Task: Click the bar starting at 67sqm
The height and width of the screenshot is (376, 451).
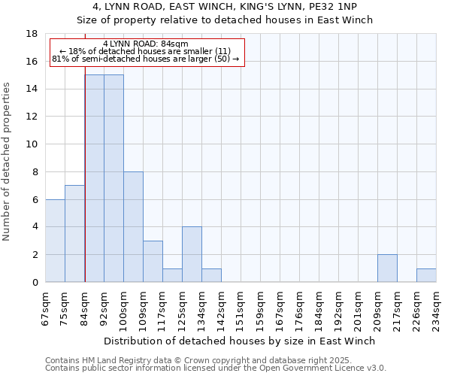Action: click(55, 241)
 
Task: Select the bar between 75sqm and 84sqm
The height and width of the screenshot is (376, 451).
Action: click(74, 234)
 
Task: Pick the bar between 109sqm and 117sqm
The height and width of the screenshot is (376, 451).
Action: click(153, 262)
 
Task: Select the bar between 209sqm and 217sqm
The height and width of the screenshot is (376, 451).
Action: click(387, 268)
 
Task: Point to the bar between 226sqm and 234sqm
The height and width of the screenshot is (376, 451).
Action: click(426, 275)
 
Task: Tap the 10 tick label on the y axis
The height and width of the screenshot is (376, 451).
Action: click(32, 144)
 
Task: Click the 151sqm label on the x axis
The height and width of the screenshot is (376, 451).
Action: click(241, 306)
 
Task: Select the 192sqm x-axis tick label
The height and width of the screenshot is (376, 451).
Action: click(338, 306)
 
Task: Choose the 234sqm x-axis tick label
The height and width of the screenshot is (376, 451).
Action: click(436, 306)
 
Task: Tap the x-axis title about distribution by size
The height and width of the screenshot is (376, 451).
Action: click(241, 341)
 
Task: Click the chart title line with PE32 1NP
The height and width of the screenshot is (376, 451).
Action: click(225, 7)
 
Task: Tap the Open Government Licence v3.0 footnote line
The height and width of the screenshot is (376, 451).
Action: click(216, 368)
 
